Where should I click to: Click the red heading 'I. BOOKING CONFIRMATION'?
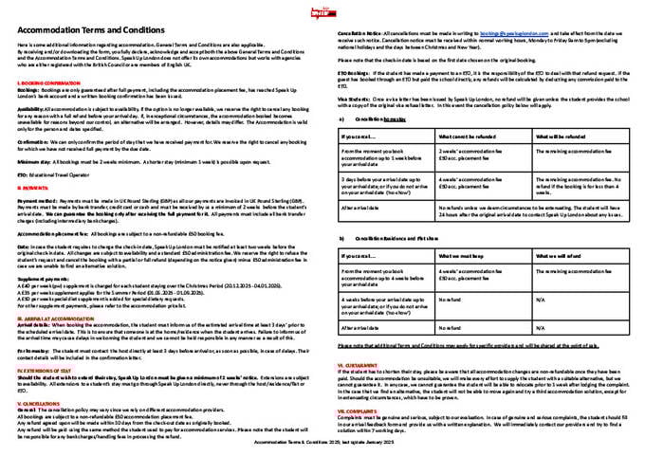43,83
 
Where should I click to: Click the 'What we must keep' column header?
457,255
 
